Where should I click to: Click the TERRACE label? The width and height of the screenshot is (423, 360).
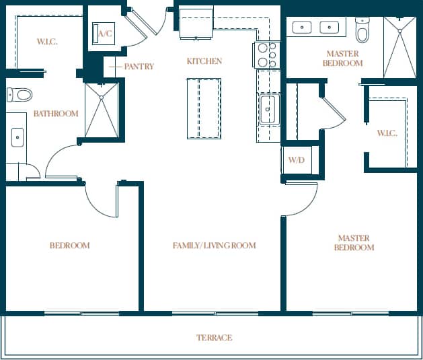pyautogui.click(x=215, y=337)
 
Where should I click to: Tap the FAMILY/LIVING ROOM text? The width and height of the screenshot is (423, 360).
pyautogui.click(x=214, y=246)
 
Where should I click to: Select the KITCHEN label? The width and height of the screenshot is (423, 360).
pyautogui.click(x=204, y=61)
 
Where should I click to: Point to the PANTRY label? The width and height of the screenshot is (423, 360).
pyautogui.click(x=139, y=67)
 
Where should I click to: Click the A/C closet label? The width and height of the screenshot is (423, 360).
pyautogui.click(x=105, y=34)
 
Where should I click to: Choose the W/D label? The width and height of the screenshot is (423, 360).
pyautogui.click(x=297, y=160)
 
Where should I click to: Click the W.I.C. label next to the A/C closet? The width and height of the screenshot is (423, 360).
pyautogui.click(x=47, y=42)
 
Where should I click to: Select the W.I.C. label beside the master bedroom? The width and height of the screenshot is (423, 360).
pyautogui.click(x=387, y=133)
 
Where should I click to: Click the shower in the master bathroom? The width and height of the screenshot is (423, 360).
pyautogui.click(x=399, y=46)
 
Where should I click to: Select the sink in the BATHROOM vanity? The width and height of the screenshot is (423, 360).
pyautogui.click(x=16, y=137)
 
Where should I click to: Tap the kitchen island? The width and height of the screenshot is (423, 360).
pyautogui.click(x=203, y=108)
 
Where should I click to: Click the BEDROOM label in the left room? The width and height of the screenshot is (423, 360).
pyautogui.click(x=69, y=246)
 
